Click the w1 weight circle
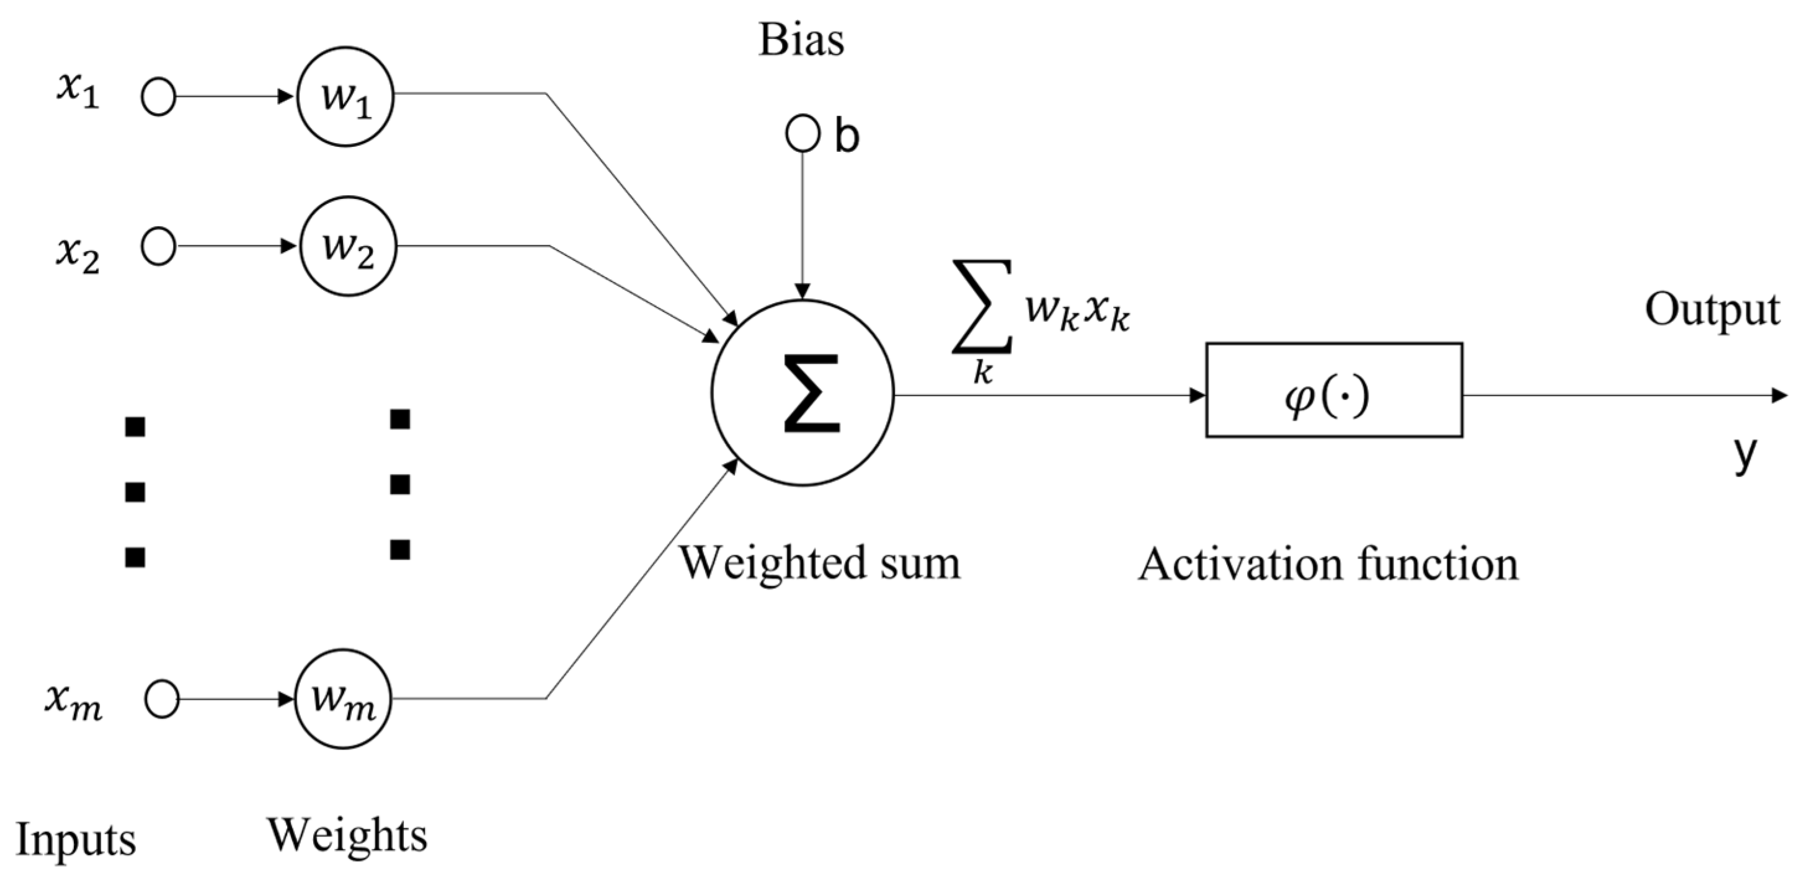345,97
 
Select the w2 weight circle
348,247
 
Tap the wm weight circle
343,698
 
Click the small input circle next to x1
158,97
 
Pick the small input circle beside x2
158,247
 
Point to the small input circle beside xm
162,699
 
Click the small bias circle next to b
802,134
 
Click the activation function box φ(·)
1333,390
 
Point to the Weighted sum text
820,563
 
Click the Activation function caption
1328,564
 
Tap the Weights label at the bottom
347,835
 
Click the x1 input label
78,93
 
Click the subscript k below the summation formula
982,373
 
